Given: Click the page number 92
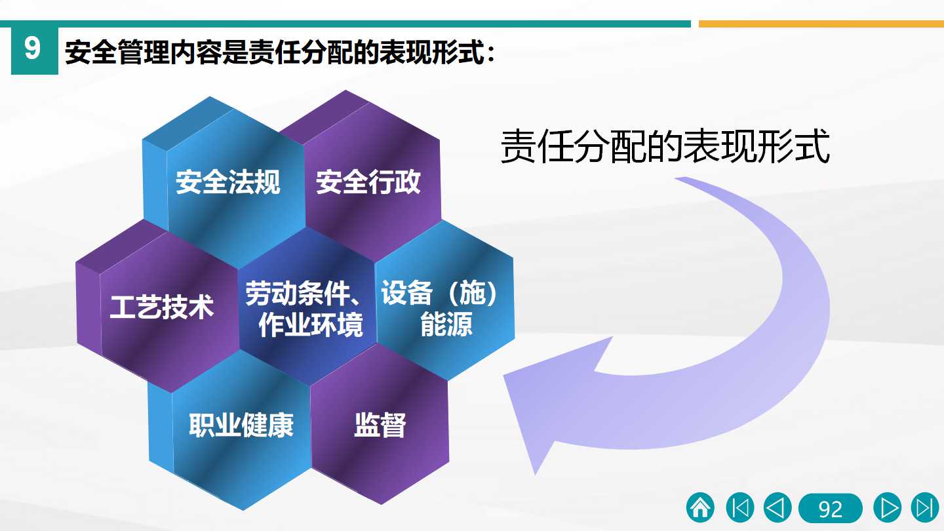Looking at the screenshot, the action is (x=830, y=509).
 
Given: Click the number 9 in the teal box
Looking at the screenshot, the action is (x=33, y=48).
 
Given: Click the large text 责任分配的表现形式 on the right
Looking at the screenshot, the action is (x=665, y=146).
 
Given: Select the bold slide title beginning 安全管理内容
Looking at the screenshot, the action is (x=280, y=52).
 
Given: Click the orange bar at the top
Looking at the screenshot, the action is (x=821, y=24).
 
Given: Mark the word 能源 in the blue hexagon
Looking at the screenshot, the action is (x=446, y=324).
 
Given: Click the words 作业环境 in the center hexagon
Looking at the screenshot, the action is (x=311, y=325).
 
